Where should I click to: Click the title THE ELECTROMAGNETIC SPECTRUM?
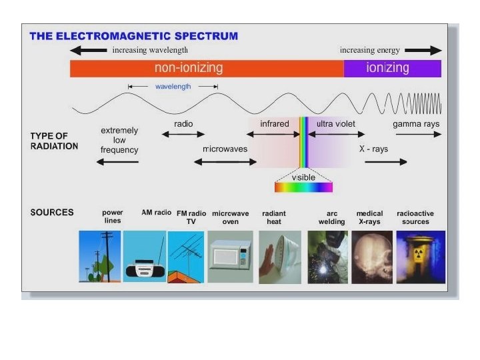(133, 36)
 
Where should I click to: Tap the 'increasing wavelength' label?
(150, 50)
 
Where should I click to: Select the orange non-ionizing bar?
(207, 68)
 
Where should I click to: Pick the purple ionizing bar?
(392, 68)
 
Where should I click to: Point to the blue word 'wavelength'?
(173, 87)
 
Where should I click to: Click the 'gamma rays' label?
(416, 124)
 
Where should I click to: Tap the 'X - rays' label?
(374, 149)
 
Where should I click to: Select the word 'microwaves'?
(225, 149)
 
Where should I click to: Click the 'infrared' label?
(275, 124)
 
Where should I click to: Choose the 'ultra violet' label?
(336, 124)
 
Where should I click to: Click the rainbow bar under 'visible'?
(303, 187)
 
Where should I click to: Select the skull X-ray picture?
(371, 257)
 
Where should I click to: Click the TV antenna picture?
(185, 257)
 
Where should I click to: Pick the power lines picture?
(100, 257)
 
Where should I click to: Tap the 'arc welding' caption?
(331, 217)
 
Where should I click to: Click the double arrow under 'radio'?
(183, 135)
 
